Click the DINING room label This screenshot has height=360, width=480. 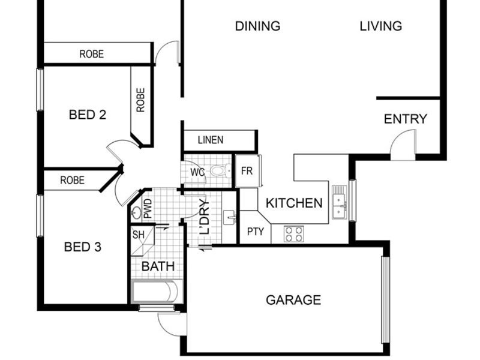click(257, 26)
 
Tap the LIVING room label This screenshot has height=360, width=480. click(380, 26)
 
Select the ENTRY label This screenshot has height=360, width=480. click(406, 119)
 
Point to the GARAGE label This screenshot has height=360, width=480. click(293, 300)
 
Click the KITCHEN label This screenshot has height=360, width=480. click(294, 203)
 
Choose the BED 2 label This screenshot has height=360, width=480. click(88, 115)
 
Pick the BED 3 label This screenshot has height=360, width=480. click(83, 247)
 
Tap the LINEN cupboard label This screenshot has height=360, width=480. click(211, 140)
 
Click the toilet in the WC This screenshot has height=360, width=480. click(220, 170)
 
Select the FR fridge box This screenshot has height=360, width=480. click(248, 171)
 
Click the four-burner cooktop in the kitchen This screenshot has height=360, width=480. click(293, 234)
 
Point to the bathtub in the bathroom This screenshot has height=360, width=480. click(157, 291)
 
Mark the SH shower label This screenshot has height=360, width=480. click(139, 235)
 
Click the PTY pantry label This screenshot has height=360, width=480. click(256, 232)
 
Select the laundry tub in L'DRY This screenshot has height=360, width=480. click(229, 217)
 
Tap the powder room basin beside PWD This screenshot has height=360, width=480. click(136, 212)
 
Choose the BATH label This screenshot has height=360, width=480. click(158, 266)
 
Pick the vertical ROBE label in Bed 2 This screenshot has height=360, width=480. click(140, 100)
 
